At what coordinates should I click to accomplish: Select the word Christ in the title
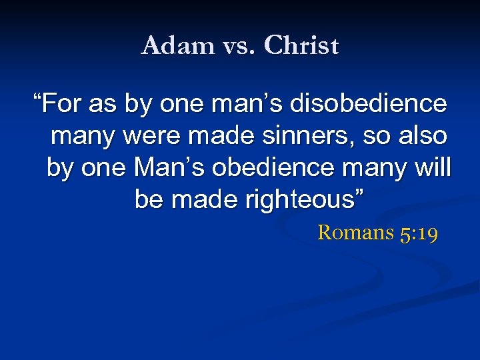[301, 46]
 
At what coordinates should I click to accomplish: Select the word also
[421, 136]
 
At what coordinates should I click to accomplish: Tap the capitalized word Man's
[169, 167]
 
